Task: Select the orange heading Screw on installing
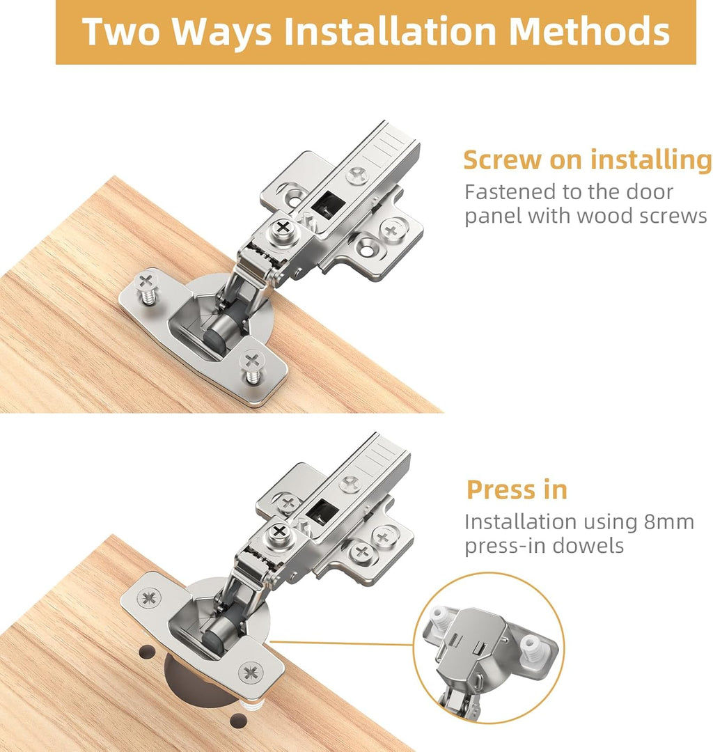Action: (x=587, y=160)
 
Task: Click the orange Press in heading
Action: (x=517, y=489)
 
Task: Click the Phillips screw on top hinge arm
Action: (x=283, y=227)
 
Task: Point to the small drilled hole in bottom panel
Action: (x=147, y=652)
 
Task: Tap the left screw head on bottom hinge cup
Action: (x=148, y=597)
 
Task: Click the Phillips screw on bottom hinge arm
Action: (x=279, y=533)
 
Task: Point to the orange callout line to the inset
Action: (x=341, y=643)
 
